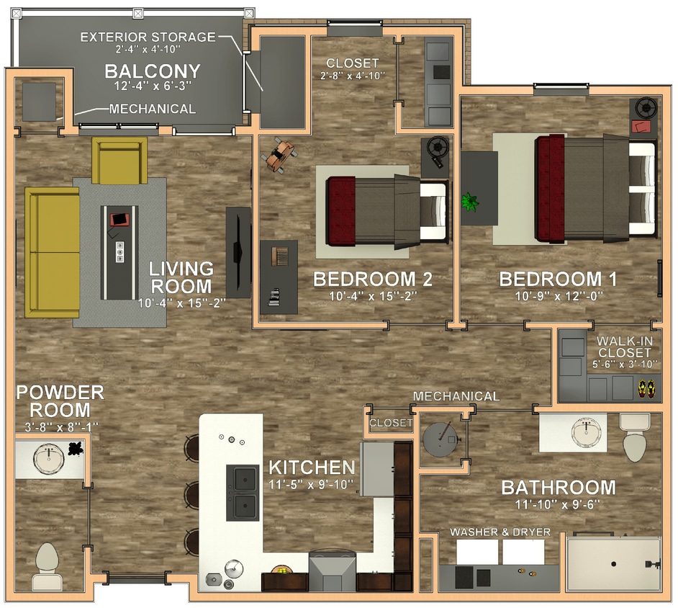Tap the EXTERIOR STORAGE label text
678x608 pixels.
[148, 37]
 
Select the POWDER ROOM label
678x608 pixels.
[60, 401]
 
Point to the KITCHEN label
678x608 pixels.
[311, 468]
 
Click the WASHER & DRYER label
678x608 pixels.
[500, 532]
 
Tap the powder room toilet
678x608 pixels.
[48, 566]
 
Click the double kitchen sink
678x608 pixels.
[243, 492]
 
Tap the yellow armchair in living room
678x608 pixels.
[119, 160]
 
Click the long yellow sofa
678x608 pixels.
[52, 251]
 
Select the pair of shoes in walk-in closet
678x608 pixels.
[646, 390]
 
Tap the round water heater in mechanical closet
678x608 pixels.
[440, 438]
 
